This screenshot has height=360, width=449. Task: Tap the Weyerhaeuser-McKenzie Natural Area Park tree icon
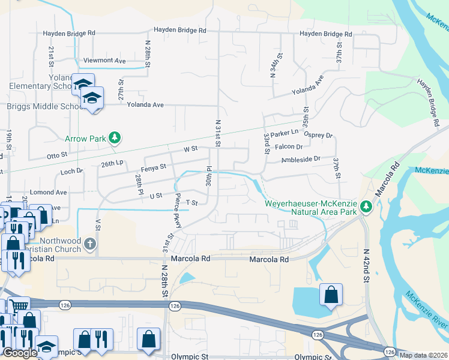pyautogui.click(x=366, y=208)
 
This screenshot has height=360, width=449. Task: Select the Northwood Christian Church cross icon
pyautogui.click(x=89, y=244)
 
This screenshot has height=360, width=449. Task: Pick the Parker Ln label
pyautogui.click(x=284, y=133)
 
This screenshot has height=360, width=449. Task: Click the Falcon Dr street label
pyautogui.click(x=289, y=146)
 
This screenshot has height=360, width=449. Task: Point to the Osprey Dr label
pyautogui.click(x=318, y=136)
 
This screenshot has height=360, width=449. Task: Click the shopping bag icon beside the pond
pyautogui.click(x=331, y=295)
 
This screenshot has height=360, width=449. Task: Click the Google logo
pyautogui.click(x=19, y=353)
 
